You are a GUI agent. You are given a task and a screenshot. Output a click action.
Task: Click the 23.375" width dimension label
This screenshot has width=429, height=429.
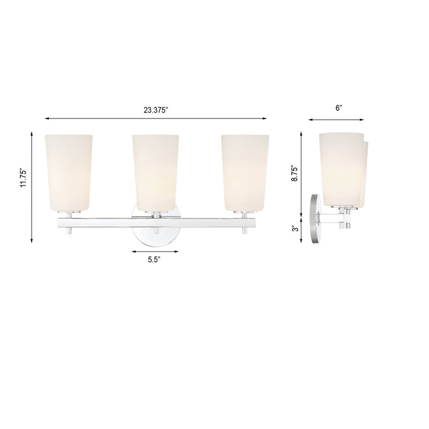coord(156,110)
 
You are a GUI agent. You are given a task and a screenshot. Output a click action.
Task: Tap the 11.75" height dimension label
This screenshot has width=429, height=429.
coord(23,178)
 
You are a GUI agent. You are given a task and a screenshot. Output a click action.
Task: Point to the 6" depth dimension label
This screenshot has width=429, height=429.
coord(338,108)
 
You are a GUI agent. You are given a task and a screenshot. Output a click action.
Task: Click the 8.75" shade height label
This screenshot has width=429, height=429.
coord(293,172)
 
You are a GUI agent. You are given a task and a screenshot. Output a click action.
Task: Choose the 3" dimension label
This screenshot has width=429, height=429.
coord(293,228)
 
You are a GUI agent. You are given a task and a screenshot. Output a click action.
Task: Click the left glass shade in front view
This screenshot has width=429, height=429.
coord(69,173)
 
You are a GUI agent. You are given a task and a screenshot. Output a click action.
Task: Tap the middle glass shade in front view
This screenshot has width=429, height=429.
coord(156,173)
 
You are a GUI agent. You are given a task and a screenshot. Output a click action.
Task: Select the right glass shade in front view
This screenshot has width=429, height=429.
coord(244,173)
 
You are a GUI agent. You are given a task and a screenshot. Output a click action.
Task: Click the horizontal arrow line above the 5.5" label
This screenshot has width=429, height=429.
coord(156,251)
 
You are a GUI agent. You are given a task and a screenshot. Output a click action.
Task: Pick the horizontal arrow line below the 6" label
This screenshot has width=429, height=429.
coord(338,119)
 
